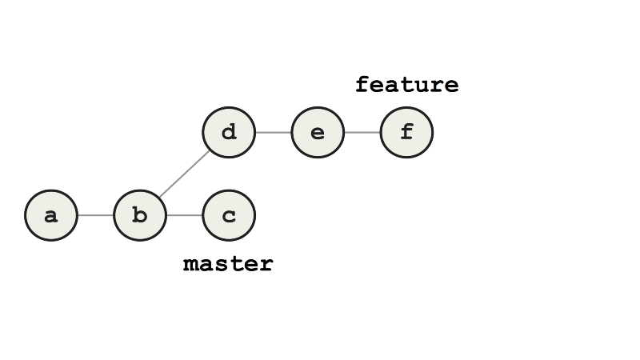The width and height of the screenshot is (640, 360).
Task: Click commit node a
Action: [x=51, y=215]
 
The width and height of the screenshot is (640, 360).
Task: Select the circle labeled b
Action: [x=140, y=215]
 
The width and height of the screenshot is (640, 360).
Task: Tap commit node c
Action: [x=229, y=215]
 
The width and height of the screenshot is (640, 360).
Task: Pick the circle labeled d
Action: [x=229, y=132]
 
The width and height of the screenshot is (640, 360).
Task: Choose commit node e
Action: [x=318, y=132]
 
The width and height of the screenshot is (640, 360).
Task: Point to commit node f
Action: [x=406, y=132]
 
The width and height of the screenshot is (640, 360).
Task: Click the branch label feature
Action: [x=406, y=85]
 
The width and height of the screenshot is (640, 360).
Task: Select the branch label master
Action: [x=228, y=263]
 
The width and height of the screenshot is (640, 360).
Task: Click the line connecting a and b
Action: [x=96, y=215]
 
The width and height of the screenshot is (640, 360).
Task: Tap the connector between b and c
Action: [x=185, y=215]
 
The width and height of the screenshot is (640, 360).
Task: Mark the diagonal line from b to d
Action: [x=185, y=174]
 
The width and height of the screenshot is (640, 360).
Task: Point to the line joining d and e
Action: [x=273, y=132]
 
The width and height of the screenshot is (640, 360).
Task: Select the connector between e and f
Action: [x=362, y=132]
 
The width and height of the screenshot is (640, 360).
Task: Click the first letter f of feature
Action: [x=362, y=85]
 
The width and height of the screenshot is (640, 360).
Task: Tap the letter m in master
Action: [x=190, y=264]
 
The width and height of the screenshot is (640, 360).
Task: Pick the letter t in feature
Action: [x=406, y=85]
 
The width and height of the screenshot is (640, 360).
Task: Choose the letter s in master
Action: [x=221, y=264]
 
